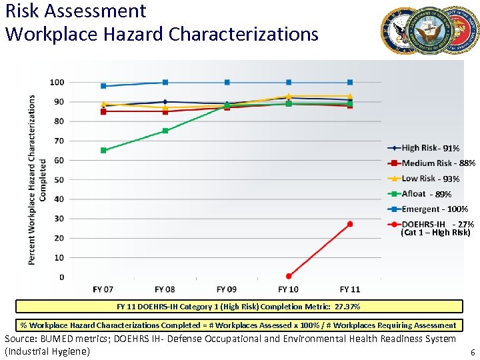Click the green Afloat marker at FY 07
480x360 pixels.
point(103,151)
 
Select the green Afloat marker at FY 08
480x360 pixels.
point(165,131)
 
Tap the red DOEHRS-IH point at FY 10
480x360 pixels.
point(289,276)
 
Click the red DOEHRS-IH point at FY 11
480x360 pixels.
point(350,224)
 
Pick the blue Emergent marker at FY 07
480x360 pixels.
point(103,86)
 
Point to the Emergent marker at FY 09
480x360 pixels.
point(227,83)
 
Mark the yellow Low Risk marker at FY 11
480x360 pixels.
point(350,96)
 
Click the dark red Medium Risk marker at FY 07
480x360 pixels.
point(103,111)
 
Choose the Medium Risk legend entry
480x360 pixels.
point(427,163)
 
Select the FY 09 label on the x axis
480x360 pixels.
point(227,289)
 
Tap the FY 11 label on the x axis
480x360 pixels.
point(350,289)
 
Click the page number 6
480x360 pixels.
point(472,351)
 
